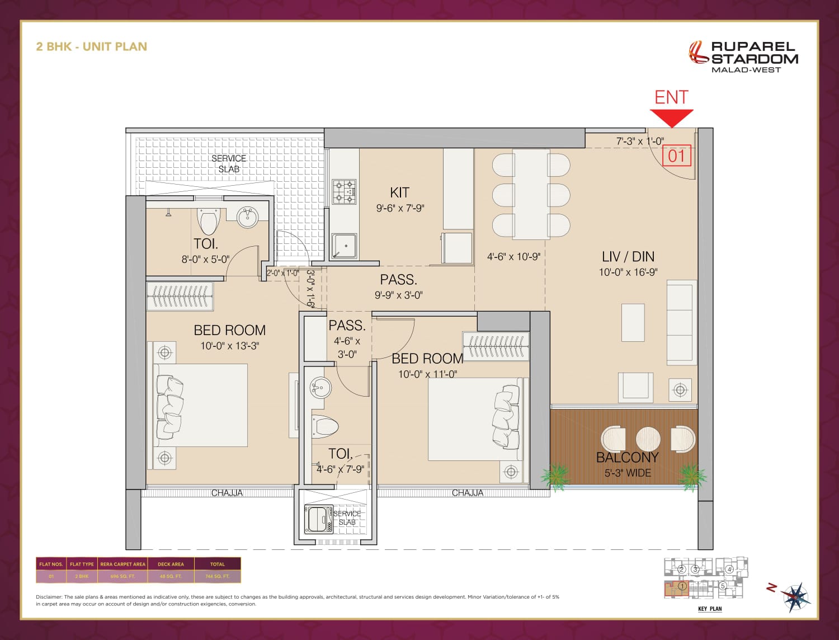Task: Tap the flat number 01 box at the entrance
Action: click(x=676, y=156)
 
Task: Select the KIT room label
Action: click(x=399, y=192)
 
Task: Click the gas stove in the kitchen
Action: click(x=345, y=191)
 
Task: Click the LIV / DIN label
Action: click(x=628, y=257)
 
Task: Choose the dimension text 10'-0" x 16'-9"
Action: click(x=628, y=272)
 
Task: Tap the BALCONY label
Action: click(x=627, y=457)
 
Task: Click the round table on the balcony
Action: click(x=648, y=439)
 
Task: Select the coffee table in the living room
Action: click(x=633, y=323)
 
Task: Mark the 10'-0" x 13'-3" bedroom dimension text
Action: click(x=229, y=346)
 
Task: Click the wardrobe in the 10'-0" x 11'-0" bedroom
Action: click(x=496, y=345)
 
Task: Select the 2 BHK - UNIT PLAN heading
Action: click(x=91, y=46)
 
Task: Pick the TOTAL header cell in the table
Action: click(x=218, y=564)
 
